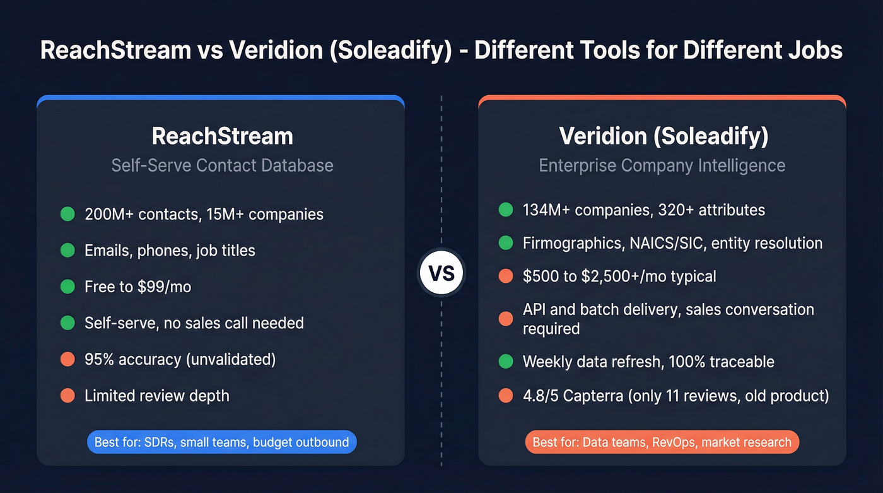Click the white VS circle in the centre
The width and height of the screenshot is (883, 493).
[x=441, y=273]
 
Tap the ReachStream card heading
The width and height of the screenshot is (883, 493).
[x=222, y=136]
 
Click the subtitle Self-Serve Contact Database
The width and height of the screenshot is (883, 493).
[x=222, y=165]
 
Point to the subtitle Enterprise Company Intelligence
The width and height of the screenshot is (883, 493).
[x=662, y=165]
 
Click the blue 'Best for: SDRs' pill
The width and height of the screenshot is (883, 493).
[x=221, y=442]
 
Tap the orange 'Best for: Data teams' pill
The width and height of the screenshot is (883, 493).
[x=662, y=442]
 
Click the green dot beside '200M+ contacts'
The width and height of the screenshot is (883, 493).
[x=67, y=214]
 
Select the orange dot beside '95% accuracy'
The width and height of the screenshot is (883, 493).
[x=67, y=359]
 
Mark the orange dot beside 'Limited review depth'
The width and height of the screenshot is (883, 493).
[x=67, y=396]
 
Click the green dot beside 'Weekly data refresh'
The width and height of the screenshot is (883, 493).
[x=505, y=362]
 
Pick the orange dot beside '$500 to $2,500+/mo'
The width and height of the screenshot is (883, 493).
[x=505, y=276]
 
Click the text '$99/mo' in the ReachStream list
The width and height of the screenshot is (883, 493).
[x=164, y=287]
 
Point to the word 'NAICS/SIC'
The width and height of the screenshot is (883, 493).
[x=666, y=243]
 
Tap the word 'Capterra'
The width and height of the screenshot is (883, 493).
[x=593, y=396]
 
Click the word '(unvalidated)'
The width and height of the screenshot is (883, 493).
[x=230, y=359]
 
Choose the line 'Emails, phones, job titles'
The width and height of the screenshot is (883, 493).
[x=170, y=251]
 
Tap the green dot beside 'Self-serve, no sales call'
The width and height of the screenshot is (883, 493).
[x=67, y=323]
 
